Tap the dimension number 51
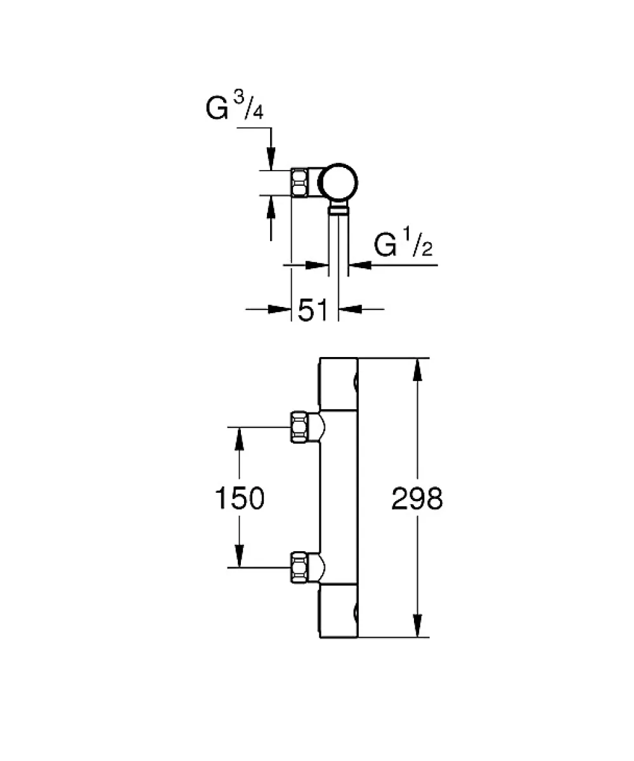pyautogui.click(x=313, y=309)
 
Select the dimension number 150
pyautogui.click(x=240, y=498)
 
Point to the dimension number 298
pyautogui.click(x=417, y=498)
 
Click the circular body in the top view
pyautogui.click(x=338, y=183)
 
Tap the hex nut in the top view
pyautogui.click(x=300, y=183)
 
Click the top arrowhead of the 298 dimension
pyautogui.click(x=417, y=370)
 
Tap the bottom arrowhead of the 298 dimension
pyautogui.click(x=417, y=626)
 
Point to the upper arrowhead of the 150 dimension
pyautogui.click(x=239, y=438)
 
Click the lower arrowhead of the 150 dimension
pyautogui.click(x=239, y=556)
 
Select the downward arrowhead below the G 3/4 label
pyautogui.click(x=271, y=159)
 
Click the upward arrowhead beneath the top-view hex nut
pyautogui.click(x=271, y=207)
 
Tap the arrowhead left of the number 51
pyautogui.click(x=280, y=309)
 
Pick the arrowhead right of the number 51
pyautogui.click(x=350, y=309)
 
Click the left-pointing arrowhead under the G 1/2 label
pyautogui.click(x=360, y=265)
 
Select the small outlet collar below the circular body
pyautogui.click(x=339, y=210)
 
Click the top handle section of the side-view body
pyautogui.click(x=339, y=384)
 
